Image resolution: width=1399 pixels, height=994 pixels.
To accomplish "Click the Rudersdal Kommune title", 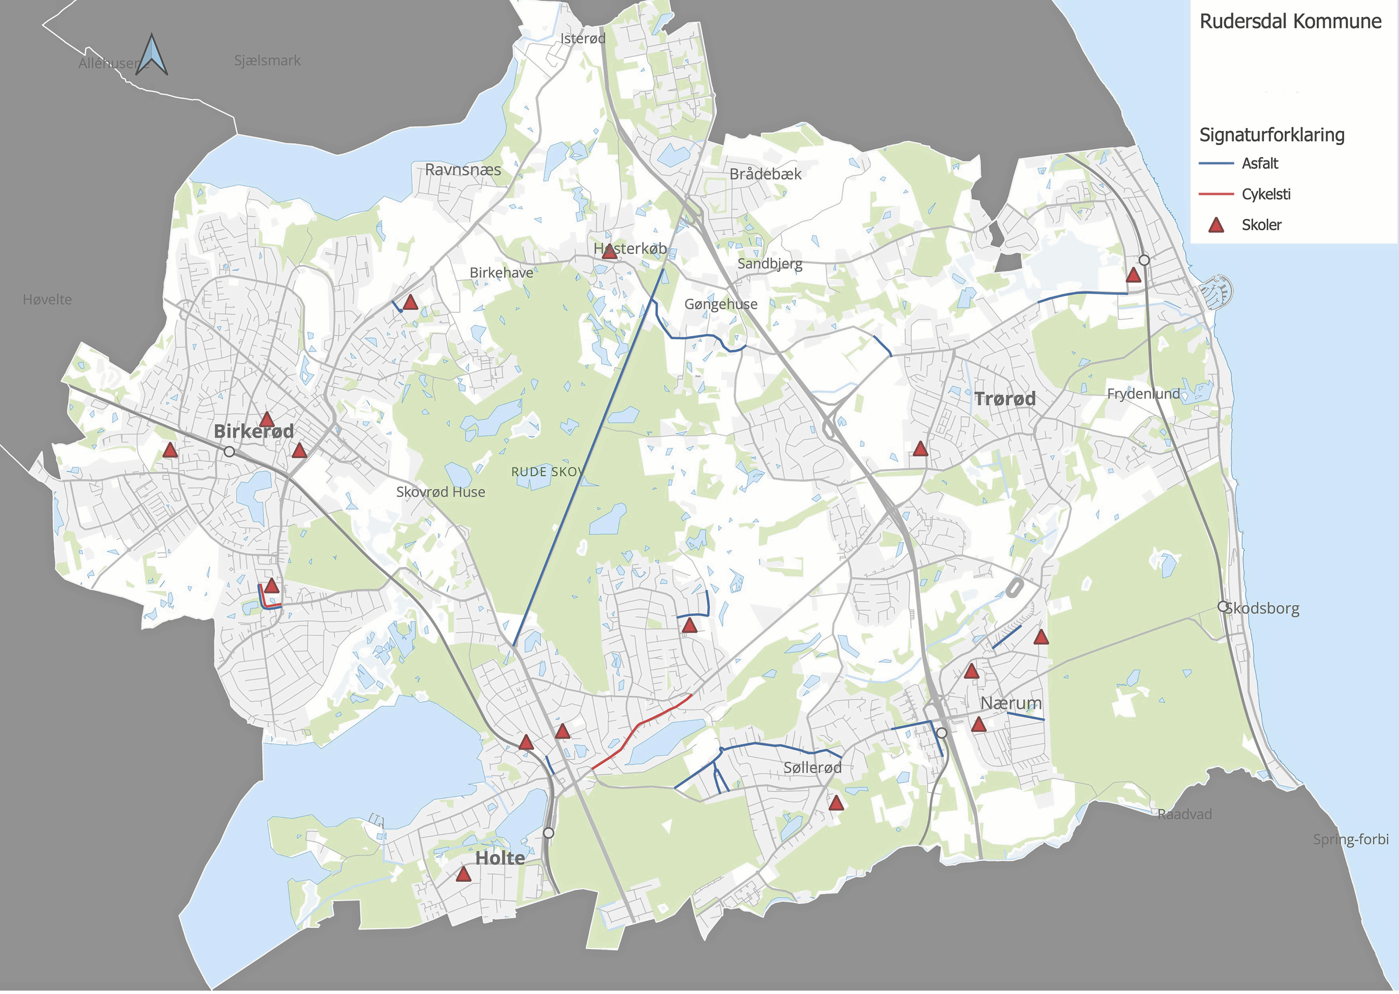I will pyautogui.click(x=1290, y=21).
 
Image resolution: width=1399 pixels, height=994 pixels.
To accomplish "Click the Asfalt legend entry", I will pyautogui.click(x=1260, y=164).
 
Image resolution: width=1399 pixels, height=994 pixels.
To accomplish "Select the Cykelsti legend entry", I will pyautogui.click(x=1266, y=194).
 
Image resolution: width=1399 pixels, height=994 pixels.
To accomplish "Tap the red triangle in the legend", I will pyautogui.click(x=1216, y=225).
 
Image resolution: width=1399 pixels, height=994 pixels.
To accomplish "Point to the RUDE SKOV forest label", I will pyautogui.click(x=547, y=472).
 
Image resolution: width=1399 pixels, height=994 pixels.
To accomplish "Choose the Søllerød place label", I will pyautogui.click(x=812, y=767).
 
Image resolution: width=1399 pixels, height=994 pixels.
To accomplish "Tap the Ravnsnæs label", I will pyautogui.click(x=463, y=170).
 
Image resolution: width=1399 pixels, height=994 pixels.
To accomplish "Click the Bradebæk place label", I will pyautogui.click(x=765, y=174).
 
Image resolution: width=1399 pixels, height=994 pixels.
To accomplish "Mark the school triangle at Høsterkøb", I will pyautogui.click(x=609, y=252).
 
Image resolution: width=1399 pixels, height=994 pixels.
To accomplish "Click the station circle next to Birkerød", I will pyautogui.click(x=229, y=452).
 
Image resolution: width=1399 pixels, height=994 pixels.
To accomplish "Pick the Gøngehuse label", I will pyautogui.click(x=720, y=304).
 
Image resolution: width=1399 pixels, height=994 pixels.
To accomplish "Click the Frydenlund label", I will pyautogui.click(x=1143, y=394).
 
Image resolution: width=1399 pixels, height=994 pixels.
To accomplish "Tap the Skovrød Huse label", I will pyautogui.click(x=440, y=492).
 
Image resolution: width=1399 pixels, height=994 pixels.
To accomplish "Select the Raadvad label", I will pyautogui.click(x=1184, y=814).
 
